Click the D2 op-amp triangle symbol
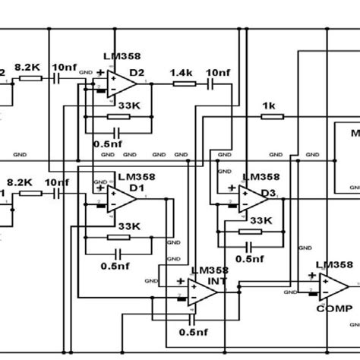click(x=122, y=83)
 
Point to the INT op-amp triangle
click(x=202, y=291)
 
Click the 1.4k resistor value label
click(x=182, y=71)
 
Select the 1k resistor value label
click(x=268, y=105)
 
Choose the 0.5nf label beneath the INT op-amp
click(x=194, y=333)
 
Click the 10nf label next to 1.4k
click(x=217, y=71)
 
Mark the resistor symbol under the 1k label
click(x=272, y=117)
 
